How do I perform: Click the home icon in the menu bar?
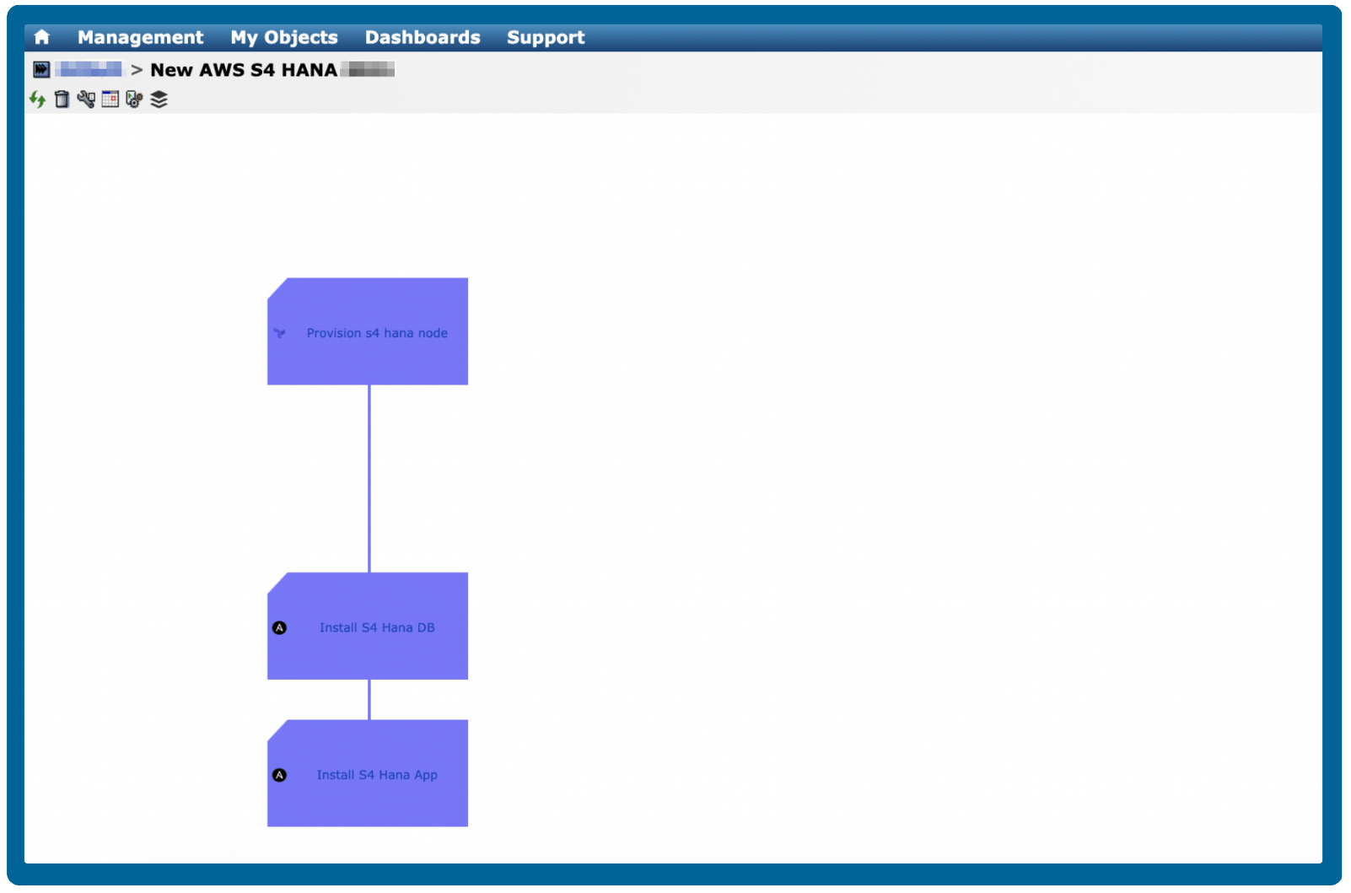[41, 37]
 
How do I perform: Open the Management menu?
[140, 37]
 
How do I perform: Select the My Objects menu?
[283, 37]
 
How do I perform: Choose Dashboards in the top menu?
[422, 37]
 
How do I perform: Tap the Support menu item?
[545, 37]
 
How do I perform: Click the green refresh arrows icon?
[37, 100]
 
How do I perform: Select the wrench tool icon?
[86, 100]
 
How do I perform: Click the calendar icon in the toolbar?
[110, 100]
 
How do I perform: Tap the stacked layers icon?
[159, 100]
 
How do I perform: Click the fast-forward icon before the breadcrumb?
[41, 69]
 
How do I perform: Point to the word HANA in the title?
[309, 70]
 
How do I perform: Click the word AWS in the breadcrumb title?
[222, 70]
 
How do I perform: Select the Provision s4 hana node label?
[377, 333]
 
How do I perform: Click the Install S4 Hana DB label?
[377, 627]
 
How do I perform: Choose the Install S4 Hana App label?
[377, 775]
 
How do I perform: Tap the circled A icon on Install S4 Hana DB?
[280, 627]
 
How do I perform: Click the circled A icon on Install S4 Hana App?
[280, 775]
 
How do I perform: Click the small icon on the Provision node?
[280, 333]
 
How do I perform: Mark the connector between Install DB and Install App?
[369, 699]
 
